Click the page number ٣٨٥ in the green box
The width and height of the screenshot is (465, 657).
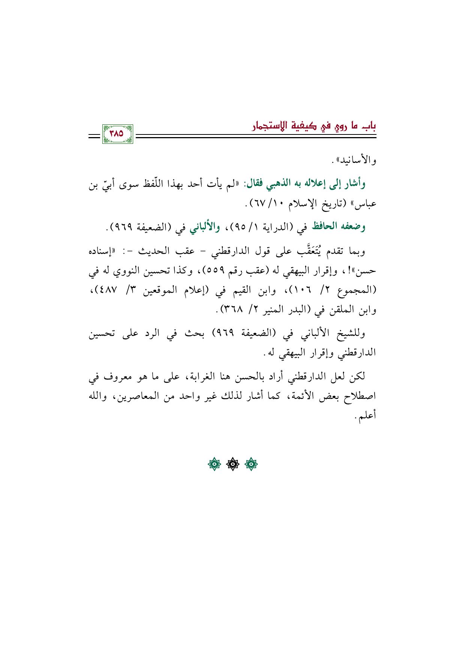117,133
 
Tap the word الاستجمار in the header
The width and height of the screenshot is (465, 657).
269,126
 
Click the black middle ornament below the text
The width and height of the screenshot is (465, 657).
232,464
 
